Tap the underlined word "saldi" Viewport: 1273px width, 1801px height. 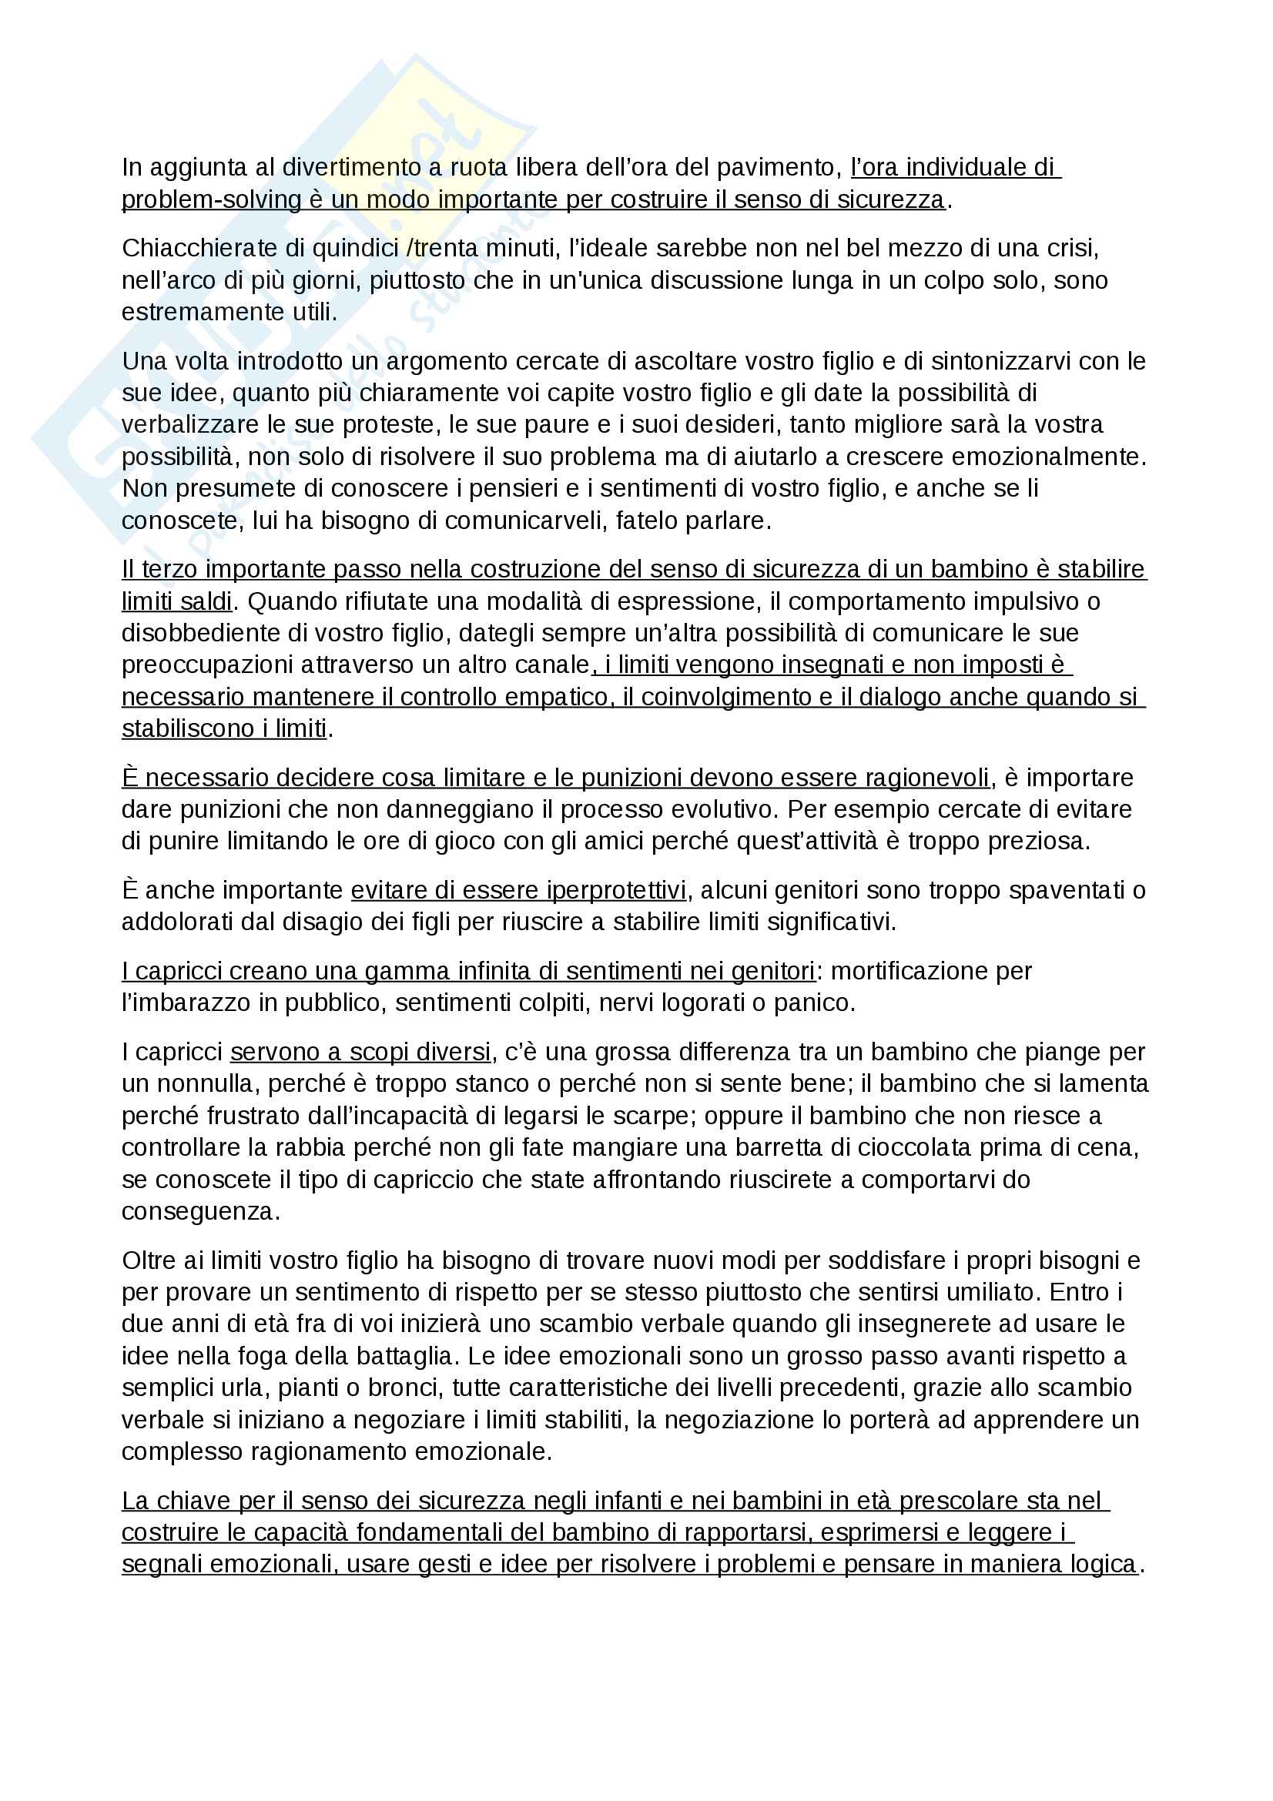pyautogui.click(x=205, y=601)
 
